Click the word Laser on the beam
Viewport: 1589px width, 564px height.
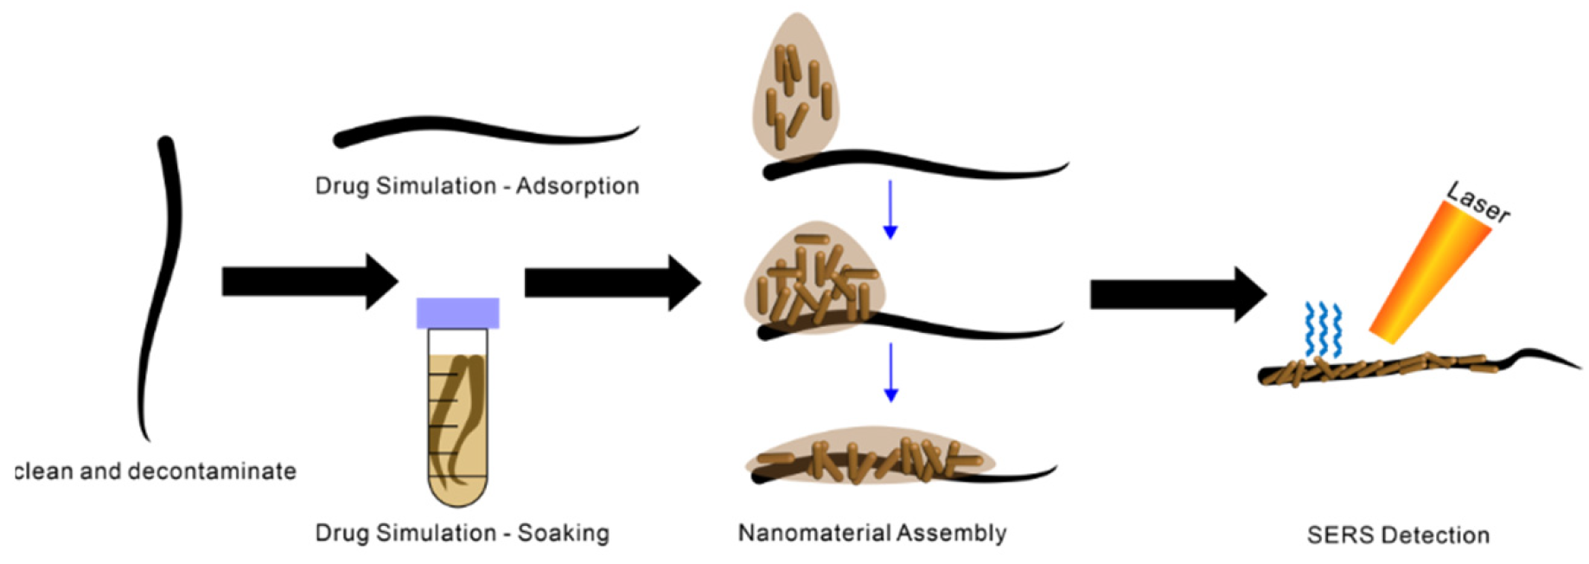pyautogui.click(x=1478, y=204)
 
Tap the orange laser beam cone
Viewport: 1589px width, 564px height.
pyautogui.click(x=1426, y=272)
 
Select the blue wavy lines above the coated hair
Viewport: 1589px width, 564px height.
pyautogui.click(x=1324, y=330)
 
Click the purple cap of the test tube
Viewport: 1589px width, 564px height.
pyautogui.click(x=457, y=313)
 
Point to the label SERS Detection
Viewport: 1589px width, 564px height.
pyautogui.click(x=1398, y=535)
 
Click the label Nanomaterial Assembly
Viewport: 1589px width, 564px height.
pyautogui.click(x=872, y=533)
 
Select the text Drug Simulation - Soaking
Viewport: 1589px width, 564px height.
pyautogui.click(x=463, y=533)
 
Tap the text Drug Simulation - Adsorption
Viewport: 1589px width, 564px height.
pyautogui.click(x=477, y=186)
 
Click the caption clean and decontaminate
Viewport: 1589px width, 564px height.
pyautogui.click(x=156, y=471)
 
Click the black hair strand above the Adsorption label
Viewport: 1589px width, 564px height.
pyautogui.click(x=484, y=132)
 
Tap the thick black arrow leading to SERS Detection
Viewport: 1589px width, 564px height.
pyautogui.click(x=1177, y=295)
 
